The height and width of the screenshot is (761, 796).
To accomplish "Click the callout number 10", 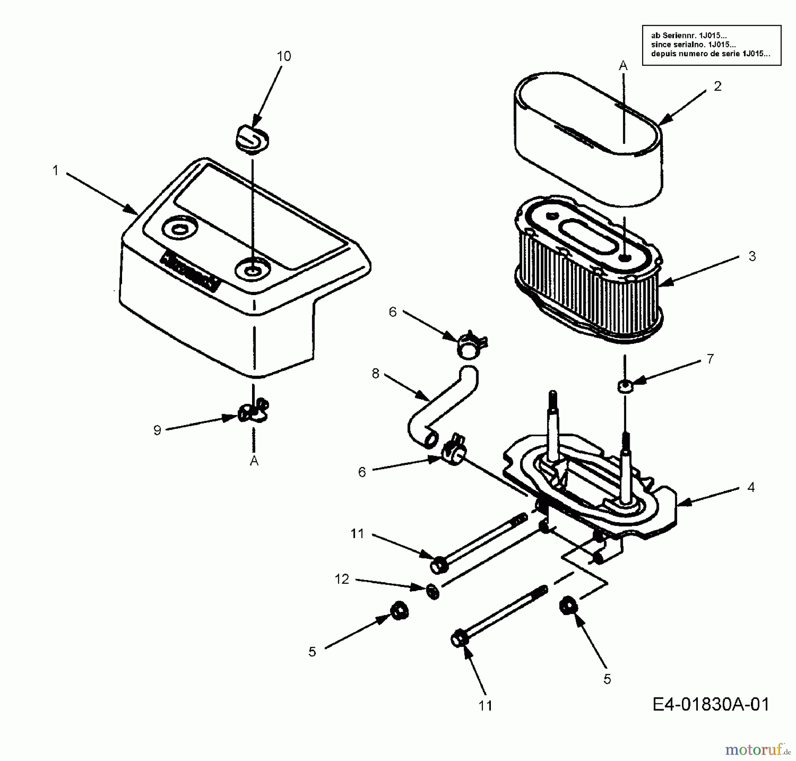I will [284, 56].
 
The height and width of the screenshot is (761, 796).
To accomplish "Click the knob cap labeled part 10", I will [250, 138].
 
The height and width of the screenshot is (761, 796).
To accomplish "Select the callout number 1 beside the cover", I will [55, 170].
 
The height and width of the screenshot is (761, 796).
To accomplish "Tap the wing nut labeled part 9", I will [253, 412].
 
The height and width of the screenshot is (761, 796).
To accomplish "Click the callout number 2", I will [717, 86].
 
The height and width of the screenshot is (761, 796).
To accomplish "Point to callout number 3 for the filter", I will [752, 256].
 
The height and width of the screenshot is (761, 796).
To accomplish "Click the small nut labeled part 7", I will [625, 385].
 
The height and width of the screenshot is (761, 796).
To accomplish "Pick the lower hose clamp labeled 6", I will [453, 454].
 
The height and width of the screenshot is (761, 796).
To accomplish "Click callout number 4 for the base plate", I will [750, 487].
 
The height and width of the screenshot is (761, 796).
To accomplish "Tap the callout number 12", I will [341, 579].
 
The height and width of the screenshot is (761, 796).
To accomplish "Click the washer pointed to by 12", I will [433, 592].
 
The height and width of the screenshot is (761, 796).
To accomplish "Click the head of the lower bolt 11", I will [459, 640].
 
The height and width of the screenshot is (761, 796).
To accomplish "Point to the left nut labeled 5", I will [399, 611].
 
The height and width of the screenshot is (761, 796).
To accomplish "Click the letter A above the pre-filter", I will [623, 66].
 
